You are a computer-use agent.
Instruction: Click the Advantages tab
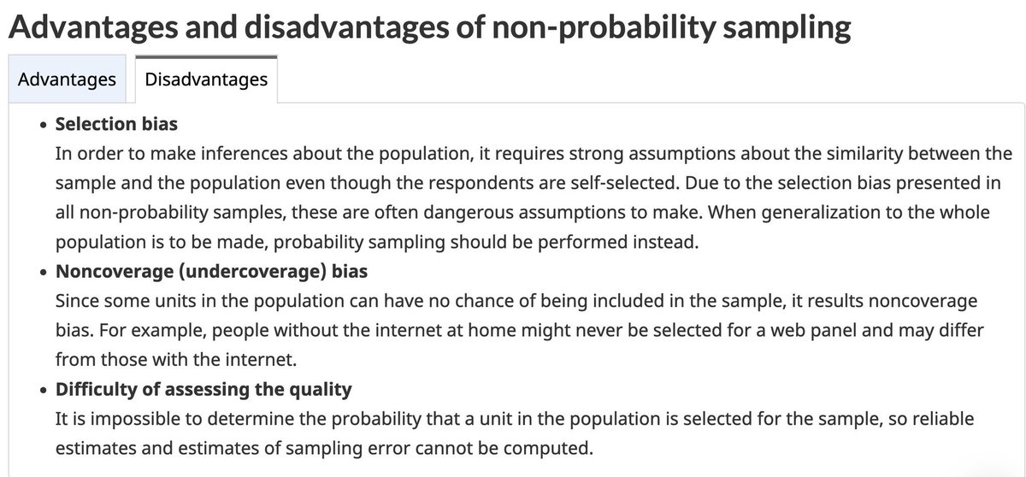click(x=67, y=79)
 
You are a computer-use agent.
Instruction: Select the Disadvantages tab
click(x=206, y=79)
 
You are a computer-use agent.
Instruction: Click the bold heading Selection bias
click(x=116, y=124)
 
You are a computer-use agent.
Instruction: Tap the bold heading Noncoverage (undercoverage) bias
click(x=212, y=272)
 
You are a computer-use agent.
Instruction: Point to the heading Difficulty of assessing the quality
click(x=203, y=390)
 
